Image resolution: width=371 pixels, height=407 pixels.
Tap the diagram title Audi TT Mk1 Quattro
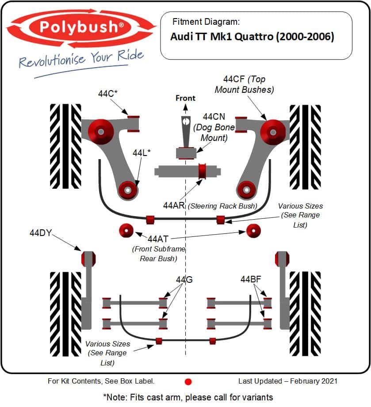pos(252,36)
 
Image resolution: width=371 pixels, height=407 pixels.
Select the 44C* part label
pos(107,94)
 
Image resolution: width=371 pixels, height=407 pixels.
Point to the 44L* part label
pos(142,152)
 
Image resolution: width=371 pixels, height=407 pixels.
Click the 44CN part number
pos(214,117)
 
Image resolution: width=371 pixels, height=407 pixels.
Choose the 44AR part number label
pos(173,205)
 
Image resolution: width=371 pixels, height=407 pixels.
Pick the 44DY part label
pos(41,233)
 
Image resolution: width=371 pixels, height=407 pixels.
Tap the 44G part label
pos(184,280)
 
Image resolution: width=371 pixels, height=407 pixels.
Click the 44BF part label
pos(251,279)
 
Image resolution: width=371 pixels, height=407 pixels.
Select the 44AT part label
pos(158,239)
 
